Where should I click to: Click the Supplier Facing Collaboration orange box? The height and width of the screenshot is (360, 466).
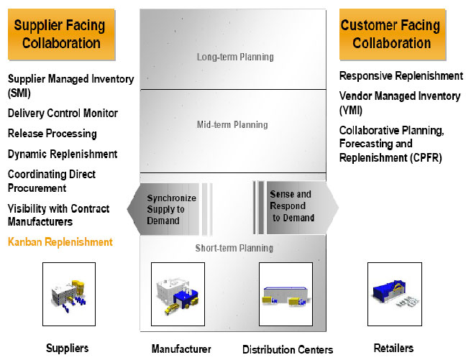pos(61,34)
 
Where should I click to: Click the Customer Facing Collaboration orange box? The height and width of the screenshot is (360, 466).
pos(393,34)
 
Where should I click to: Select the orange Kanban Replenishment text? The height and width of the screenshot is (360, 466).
pos(60,242)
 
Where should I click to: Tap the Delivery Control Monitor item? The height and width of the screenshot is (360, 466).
pos(63,113)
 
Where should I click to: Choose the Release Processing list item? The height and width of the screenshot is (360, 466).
pos(52,134)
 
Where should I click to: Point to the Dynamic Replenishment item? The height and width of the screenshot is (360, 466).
pos(63,154)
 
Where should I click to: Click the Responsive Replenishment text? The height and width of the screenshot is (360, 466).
pos(401,76)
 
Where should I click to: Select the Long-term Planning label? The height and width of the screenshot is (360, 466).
pos(235,57)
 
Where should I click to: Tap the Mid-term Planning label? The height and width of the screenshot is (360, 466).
pos(232,124)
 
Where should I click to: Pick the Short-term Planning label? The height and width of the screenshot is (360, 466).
pos(234,248)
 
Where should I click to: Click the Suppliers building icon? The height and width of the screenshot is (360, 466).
pos(69,294)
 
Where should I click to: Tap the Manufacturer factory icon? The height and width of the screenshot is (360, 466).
pos(178,294)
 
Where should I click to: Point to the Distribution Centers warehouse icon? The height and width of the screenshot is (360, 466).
pos(285,294)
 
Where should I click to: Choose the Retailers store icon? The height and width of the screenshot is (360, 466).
pos(395,294)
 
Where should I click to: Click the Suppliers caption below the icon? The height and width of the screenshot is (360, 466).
pos(67,348)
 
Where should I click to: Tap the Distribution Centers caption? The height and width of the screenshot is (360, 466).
pos(288,350)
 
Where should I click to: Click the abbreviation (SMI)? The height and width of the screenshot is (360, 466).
pos(19,93)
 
